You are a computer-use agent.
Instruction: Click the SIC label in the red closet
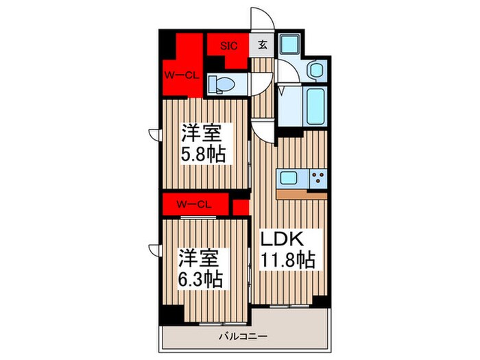pyautogui.click(x=228, y=46)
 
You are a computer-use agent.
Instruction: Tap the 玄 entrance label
pyautogui.click(x=263, y=46)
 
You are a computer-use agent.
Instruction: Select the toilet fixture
pyautogui.click(x=221, y=84)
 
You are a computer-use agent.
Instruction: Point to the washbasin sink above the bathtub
pyautogui.click(x=317, y=69)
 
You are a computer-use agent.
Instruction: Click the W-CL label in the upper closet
pyautogui.click(x=180, y=75)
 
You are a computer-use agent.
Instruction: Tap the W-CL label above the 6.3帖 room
pyautogui.click(x=193, y=204)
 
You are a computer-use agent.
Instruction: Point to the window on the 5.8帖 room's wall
pyautogui.click(x=154, y=134)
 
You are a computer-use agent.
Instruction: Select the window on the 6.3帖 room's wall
pyautogui.click(x=154, y=250)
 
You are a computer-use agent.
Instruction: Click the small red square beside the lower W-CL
pyautogui.click(x=240, y=205)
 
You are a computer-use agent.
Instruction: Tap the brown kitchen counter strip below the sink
pyautogui.click(x=302, y=193)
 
